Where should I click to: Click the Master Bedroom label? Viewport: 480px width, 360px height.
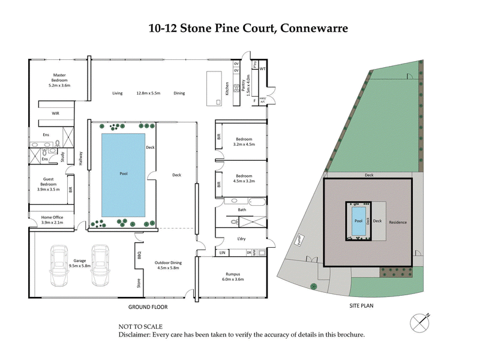coord(59,80)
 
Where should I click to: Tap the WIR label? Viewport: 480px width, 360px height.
coord(55,113)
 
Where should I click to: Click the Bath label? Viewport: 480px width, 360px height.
coord(242,210)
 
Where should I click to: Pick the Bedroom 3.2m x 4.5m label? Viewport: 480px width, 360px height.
coord(245,141)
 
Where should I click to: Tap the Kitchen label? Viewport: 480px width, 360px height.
coord(227,89)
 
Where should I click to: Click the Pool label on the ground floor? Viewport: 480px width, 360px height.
coord(124,174)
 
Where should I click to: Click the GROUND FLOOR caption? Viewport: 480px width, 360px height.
coord(148,307)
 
